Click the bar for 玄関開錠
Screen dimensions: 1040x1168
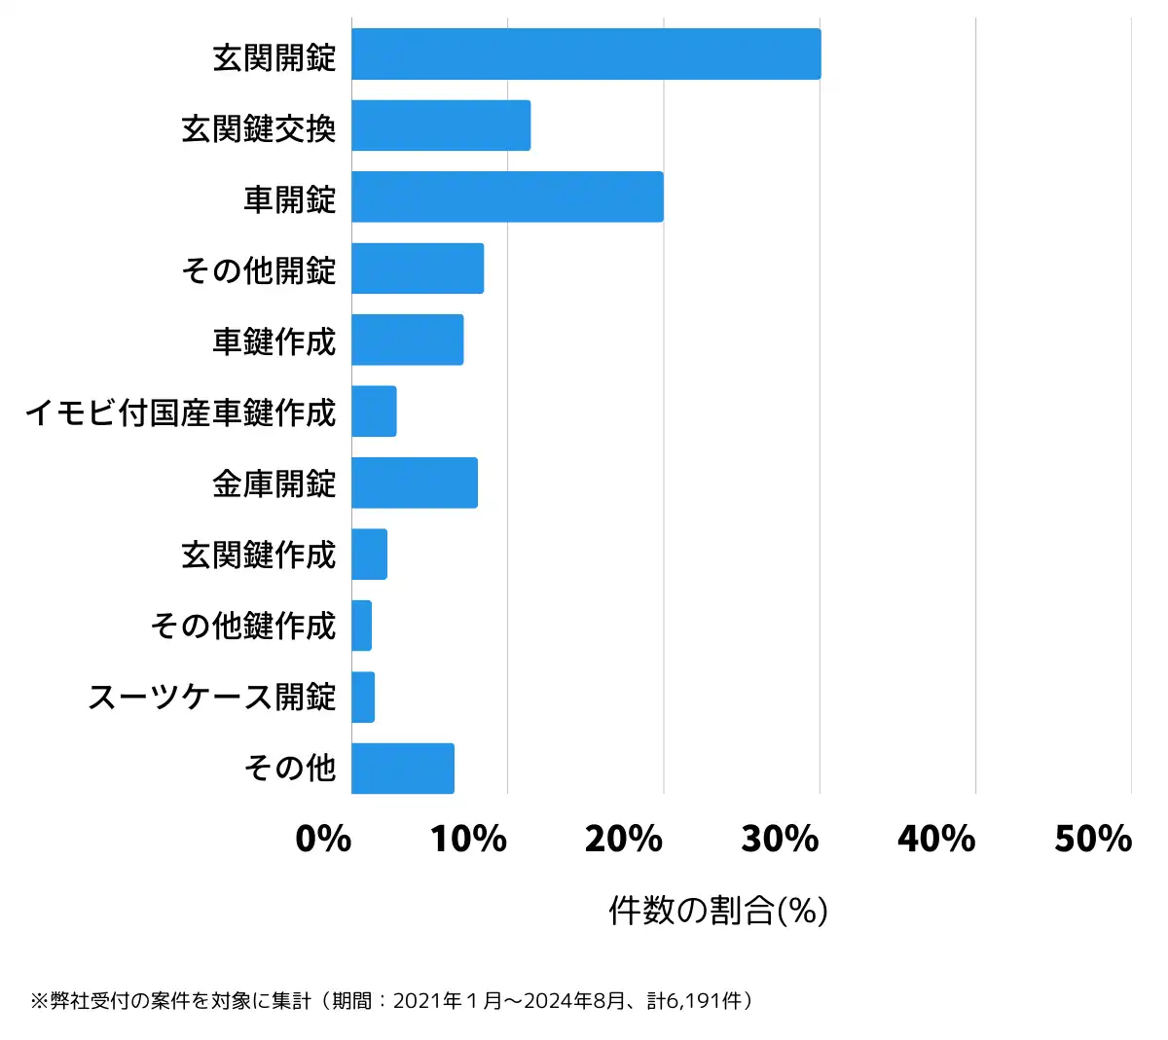[586, 54]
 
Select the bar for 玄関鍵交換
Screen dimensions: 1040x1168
[441, 126]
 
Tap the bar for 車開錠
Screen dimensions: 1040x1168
[507, 197]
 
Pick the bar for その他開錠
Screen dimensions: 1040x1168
[418, 269]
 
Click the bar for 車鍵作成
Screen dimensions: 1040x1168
[407, 340]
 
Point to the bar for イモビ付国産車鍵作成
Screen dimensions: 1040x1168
[374, 412]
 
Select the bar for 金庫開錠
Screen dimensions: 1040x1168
[415, 483]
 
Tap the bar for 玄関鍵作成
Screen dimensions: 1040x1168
[369, 555]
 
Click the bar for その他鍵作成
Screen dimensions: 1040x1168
[361, 626]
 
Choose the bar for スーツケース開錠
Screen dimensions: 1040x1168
[363, 698]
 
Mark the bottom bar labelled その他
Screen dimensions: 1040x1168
[403, 769]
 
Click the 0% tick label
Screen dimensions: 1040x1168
[323, 839]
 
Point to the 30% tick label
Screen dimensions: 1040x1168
[780, 839]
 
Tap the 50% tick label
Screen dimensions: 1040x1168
[1093, 839]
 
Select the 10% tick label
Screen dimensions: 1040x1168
[468, 839]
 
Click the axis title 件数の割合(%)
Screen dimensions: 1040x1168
[718, 911]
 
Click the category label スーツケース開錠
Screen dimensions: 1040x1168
[212, 698]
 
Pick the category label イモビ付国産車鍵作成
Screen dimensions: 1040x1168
[181, 412]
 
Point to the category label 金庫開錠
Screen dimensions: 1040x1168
[274, 484]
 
